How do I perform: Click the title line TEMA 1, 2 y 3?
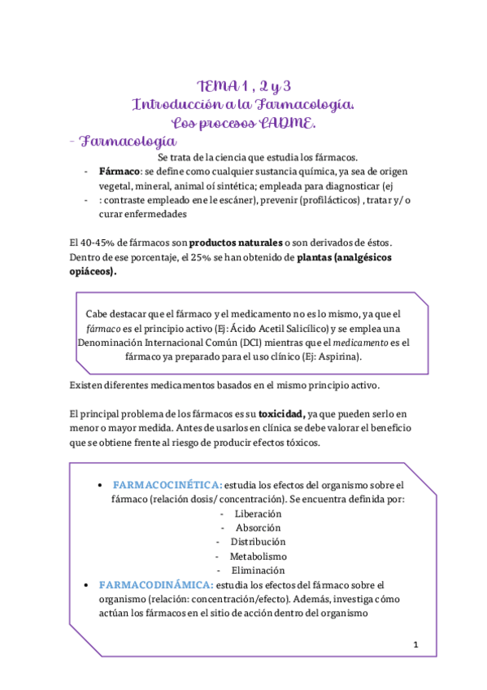pyautogui.click(x=244, y=86)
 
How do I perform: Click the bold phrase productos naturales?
pyautogui.click(x=235, y=244)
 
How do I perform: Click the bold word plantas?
pyautogui.click(x=317, y=259)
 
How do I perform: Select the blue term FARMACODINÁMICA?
pyautogui.click(x=156, y=585)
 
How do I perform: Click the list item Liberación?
pyautogui.click(x=258, y=513)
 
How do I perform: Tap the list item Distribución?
pyautogui.click(x=258, y=542)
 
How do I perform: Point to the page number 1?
pyautogui.click(x=415, y=645)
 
